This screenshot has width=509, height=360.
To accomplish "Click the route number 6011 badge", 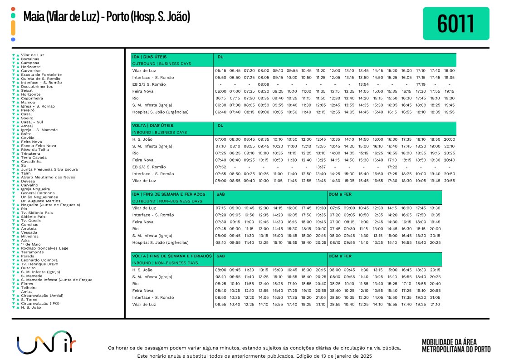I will point(456,24).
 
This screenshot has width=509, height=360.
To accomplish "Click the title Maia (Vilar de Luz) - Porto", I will point(106,18).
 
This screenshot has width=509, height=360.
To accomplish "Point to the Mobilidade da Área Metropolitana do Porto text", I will point(456,345).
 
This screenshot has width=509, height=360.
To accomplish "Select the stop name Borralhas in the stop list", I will point(30,59).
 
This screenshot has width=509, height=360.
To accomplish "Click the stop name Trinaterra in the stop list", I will point(30,153).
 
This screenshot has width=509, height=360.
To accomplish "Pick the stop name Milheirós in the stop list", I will point(29,236).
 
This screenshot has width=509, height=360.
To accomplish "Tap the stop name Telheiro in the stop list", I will point(29,287).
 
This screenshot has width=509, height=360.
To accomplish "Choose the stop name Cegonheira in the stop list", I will point(32,98).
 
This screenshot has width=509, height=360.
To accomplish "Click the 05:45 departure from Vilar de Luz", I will point(220,71).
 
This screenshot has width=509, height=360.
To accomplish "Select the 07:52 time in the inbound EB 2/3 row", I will point(220,167).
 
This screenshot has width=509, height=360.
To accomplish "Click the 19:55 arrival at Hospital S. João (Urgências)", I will point(449,112).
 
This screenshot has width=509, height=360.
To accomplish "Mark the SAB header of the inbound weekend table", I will point(221,256).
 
